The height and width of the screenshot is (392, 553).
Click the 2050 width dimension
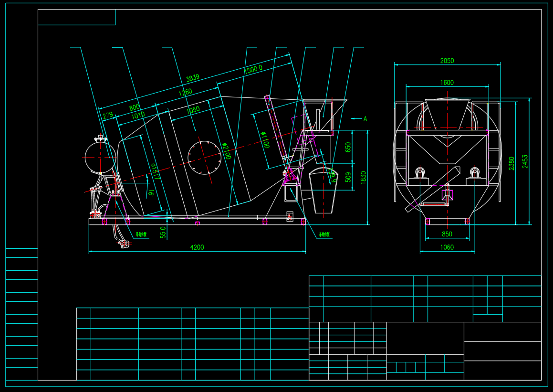tap(447, 61)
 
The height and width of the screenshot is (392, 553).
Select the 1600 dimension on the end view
tap(447, 83)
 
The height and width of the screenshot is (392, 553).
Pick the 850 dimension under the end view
tap(447, 234)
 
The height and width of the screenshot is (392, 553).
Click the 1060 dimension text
tap(447, 247)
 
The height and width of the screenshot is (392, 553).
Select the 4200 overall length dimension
tap(197, 247)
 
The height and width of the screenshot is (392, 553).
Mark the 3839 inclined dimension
tap(192, 77)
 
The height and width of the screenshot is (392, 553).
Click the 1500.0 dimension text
tap(253, 69)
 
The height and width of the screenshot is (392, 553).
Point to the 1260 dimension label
tap(185, 92)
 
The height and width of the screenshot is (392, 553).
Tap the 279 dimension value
tap(108, 115)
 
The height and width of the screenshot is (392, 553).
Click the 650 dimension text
tap(348, 147)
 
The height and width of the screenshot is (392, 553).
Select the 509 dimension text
tap(348, 177)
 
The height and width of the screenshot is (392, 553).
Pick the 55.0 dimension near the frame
tap(163, 232)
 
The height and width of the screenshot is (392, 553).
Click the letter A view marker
tap(365, 118)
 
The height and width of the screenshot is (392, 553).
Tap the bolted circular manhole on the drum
tap(204, 157)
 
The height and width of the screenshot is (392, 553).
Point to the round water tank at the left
tap(100, 157)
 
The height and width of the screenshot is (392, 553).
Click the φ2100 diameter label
tap(226, 151)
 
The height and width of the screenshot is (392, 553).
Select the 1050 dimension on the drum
tap(193, 109)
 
